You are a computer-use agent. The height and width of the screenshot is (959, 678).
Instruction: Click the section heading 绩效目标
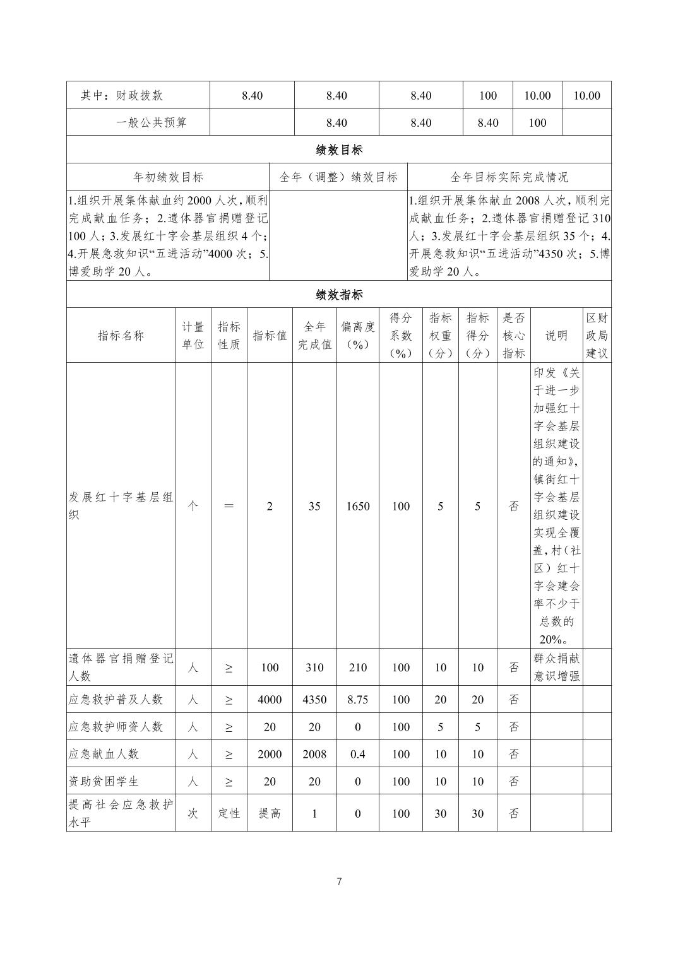click(x=339, y=150)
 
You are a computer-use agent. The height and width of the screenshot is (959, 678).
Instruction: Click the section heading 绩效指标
click(x=339, y=295)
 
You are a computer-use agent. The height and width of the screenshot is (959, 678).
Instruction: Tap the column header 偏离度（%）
click(x=357, y=335)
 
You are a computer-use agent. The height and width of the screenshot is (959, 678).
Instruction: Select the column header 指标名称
click(x=121, y=335)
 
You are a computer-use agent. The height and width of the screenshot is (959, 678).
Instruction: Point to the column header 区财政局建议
click(x=597, y=335)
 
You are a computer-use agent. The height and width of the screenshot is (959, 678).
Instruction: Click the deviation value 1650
click(x=357, y=506)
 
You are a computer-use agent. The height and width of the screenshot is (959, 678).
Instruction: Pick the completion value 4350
click(x=314, y=700)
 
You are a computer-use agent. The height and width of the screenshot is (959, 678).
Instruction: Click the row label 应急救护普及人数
click(x=116, y=700)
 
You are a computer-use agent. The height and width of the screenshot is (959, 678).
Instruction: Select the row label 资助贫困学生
click(x=103, y=781)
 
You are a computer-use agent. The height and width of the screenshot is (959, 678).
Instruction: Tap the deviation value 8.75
click(x=357, y=700)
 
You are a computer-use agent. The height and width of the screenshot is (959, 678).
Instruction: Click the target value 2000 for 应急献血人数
click(x=270, y=754)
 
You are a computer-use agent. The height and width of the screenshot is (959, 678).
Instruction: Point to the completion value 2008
click(x=314, y=754)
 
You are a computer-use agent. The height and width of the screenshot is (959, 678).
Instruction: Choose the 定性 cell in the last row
click(x=229, y=813)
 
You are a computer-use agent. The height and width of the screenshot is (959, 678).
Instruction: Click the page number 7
click(x=339, y=881)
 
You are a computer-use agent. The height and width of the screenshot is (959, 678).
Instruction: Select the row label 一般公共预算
click(x=152, y=122)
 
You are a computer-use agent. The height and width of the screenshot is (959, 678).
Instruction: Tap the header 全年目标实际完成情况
click(x=509, y=177)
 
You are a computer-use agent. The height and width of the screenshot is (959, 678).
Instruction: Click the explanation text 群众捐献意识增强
click(x=556, y=668)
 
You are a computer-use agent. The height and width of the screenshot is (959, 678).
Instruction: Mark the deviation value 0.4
click(x=357, y=754)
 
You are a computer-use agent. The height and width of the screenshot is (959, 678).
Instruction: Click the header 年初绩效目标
click(x=168, y=177)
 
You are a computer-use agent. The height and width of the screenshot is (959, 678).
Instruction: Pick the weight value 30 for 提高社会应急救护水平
click(x=440, y=813)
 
